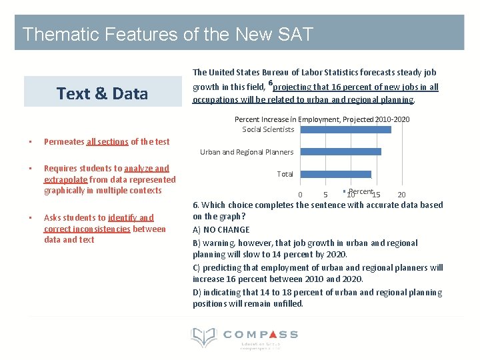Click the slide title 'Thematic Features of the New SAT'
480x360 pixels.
point(167,34)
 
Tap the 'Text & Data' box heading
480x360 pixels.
point(102,93)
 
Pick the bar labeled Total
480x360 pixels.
point(335,174)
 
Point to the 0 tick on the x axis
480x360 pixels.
point(300,195)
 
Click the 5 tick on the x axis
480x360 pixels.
point(325,195)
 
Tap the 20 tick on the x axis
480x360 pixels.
point(401,195)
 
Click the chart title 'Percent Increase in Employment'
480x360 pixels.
point(322,119)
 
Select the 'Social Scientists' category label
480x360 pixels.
point(268,129)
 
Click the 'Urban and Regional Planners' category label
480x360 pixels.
point(247,152)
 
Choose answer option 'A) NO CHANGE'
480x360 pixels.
point(221,229)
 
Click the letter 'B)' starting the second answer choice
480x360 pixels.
point(197,243)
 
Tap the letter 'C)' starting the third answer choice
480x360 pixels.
point(197,267)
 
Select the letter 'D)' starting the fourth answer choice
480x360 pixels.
point(197,292)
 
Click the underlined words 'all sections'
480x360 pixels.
point(107,141)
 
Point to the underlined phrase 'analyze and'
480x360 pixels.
point(146,169)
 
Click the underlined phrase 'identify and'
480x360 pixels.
point(131,217)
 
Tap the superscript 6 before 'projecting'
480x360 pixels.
point(271,83)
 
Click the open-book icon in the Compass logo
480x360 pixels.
point(204,338)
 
